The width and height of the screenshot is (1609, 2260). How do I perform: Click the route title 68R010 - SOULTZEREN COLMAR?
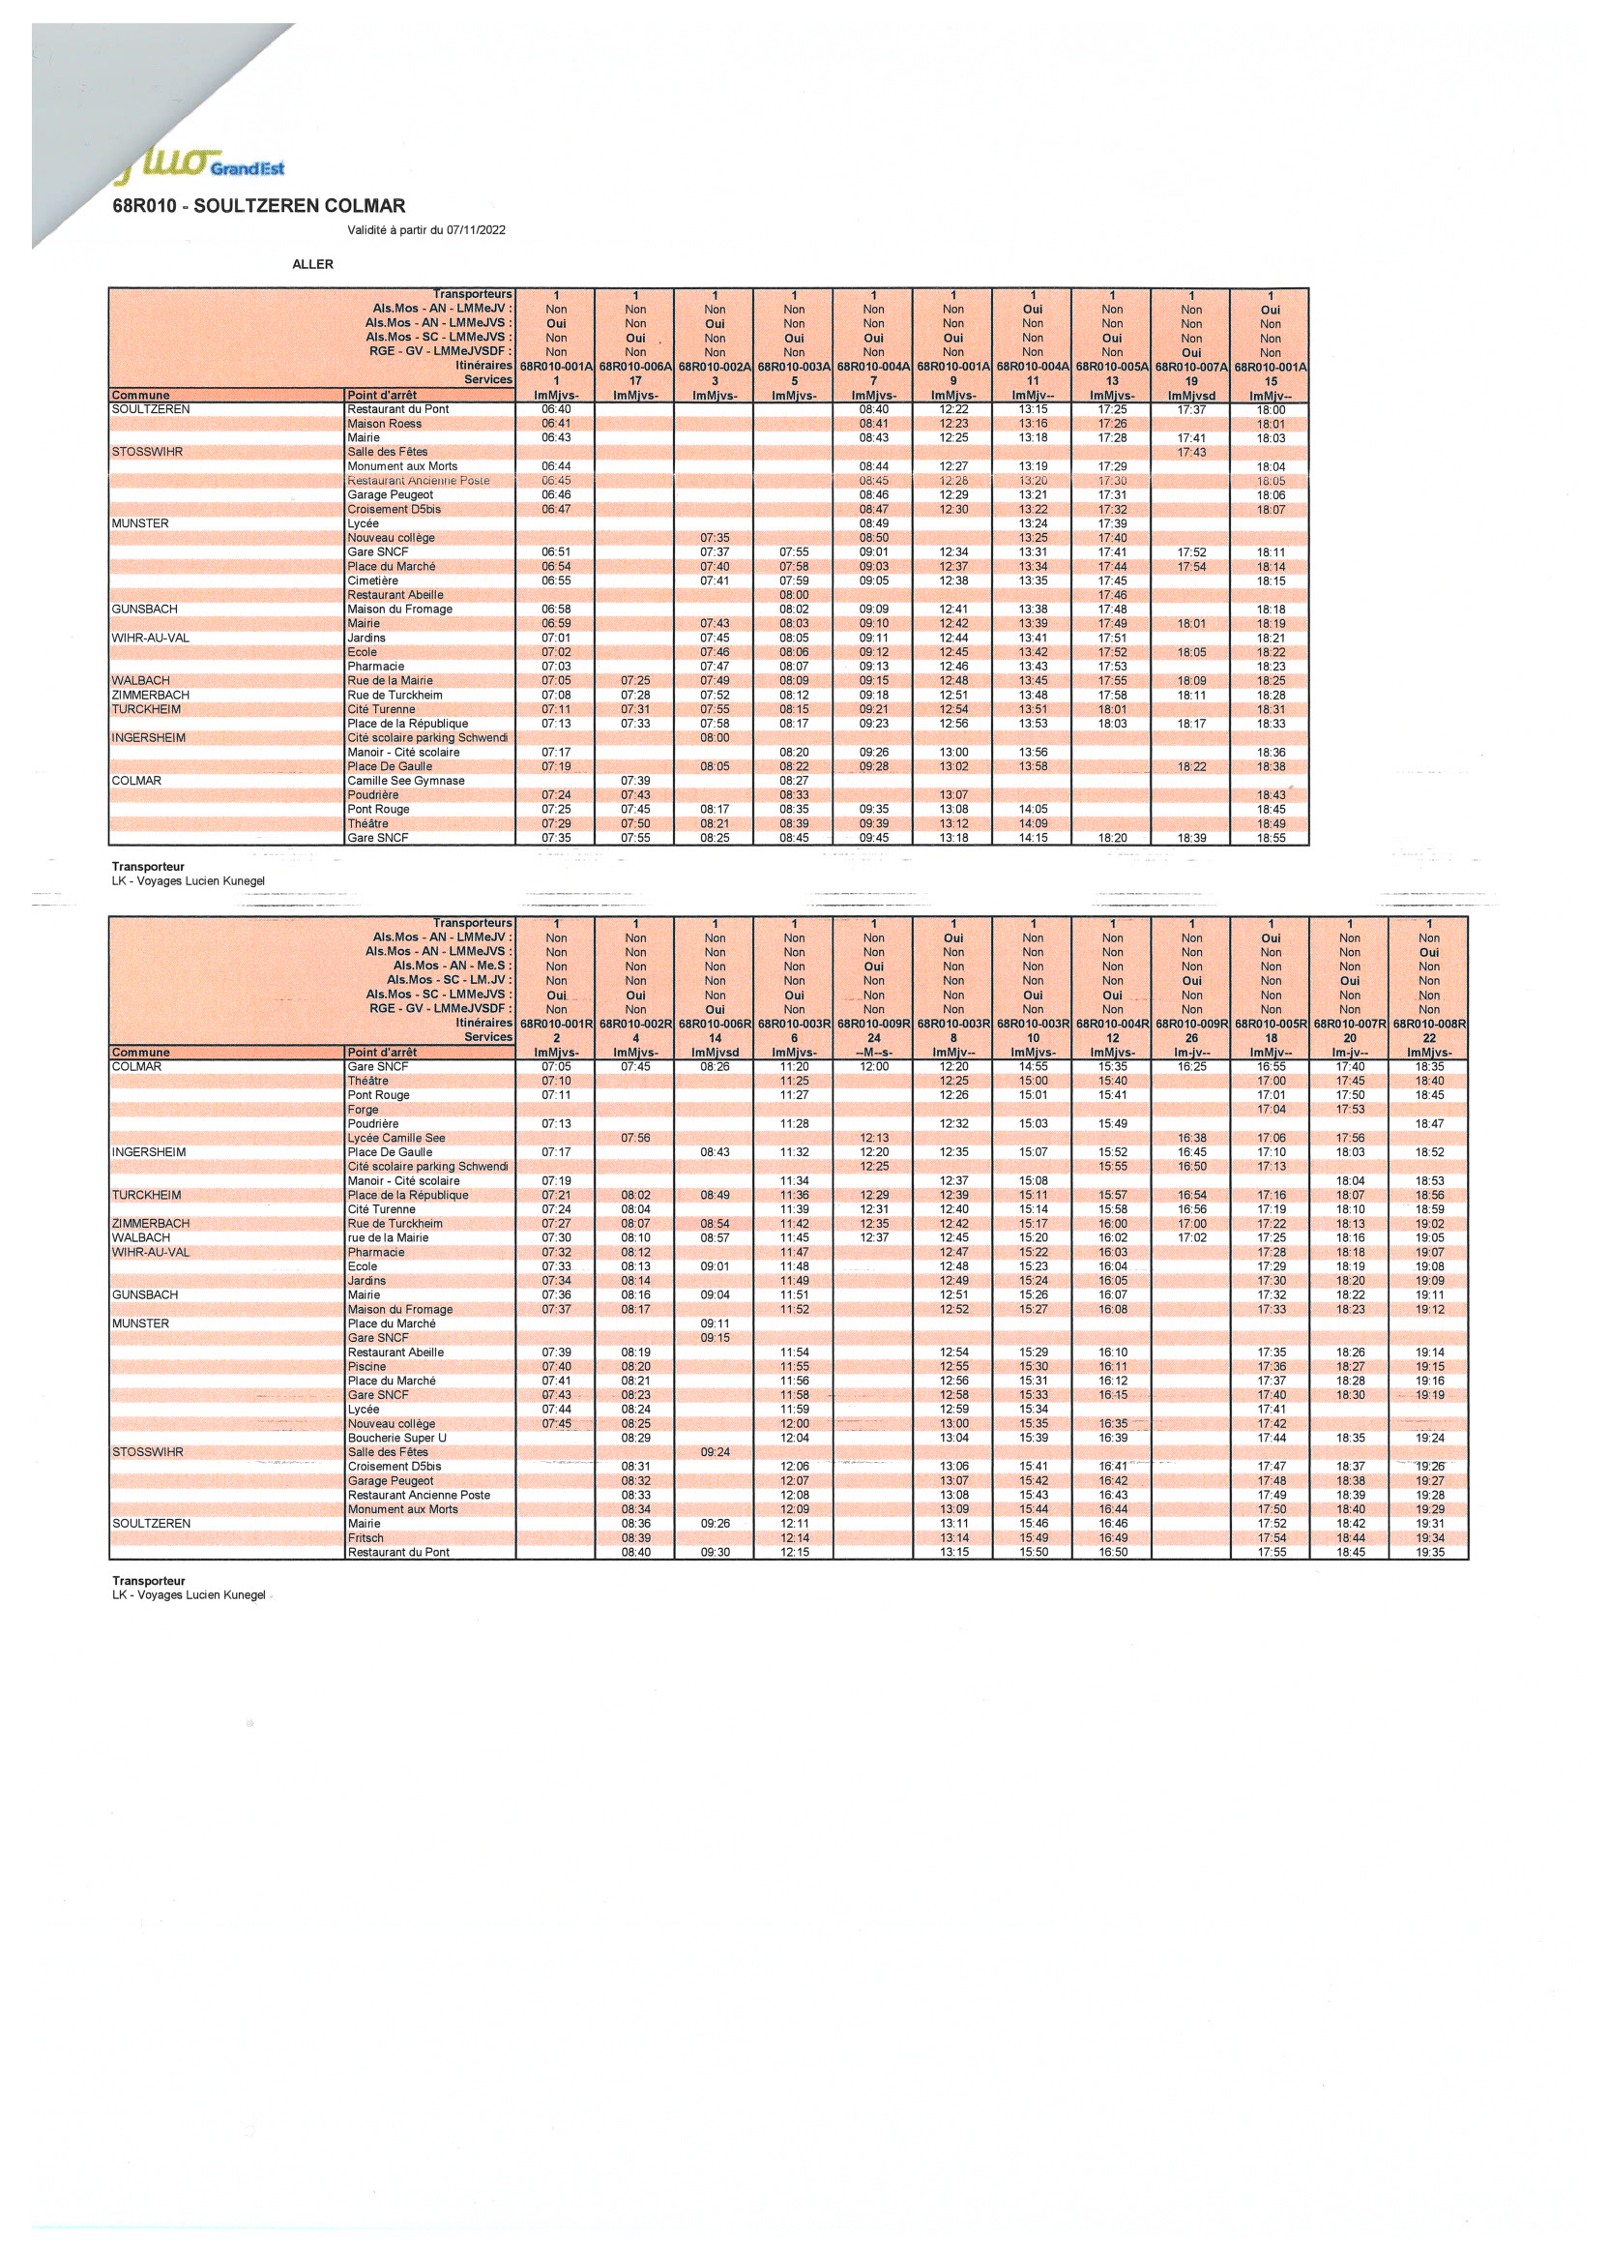[258, 206]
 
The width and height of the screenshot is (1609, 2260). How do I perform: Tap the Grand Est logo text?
[248, 168]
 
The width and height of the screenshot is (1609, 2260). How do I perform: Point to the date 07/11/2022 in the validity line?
[476, 230]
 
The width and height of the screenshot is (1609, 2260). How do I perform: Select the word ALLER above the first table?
[313, 265]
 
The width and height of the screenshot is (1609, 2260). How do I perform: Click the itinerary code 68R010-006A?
[635, 367]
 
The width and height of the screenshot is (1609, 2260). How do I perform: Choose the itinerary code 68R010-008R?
[1429, 1024]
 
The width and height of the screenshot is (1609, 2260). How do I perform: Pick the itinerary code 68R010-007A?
[1191, 367]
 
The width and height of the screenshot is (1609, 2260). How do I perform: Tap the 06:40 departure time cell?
[556, 409]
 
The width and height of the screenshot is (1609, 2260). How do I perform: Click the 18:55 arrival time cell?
[1271, 839]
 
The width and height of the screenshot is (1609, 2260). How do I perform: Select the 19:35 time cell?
[1430, 1552]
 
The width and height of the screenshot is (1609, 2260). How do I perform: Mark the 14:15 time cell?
[1033, 839]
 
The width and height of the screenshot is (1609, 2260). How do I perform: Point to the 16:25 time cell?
[1192, 1066]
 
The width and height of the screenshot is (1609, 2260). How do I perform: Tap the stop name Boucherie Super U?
[396, 1439]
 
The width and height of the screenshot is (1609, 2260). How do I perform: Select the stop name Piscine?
[366, 1367]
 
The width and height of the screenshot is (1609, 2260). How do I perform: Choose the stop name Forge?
[363, 1109]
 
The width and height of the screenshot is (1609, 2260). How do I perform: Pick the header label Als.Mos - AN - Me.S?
[452, 966]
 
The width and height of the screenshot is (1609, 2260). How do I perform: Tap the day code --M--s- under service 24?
[873, 1053]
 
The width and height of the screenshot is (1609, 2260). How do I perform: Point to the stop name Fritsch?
[366, 1538]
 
